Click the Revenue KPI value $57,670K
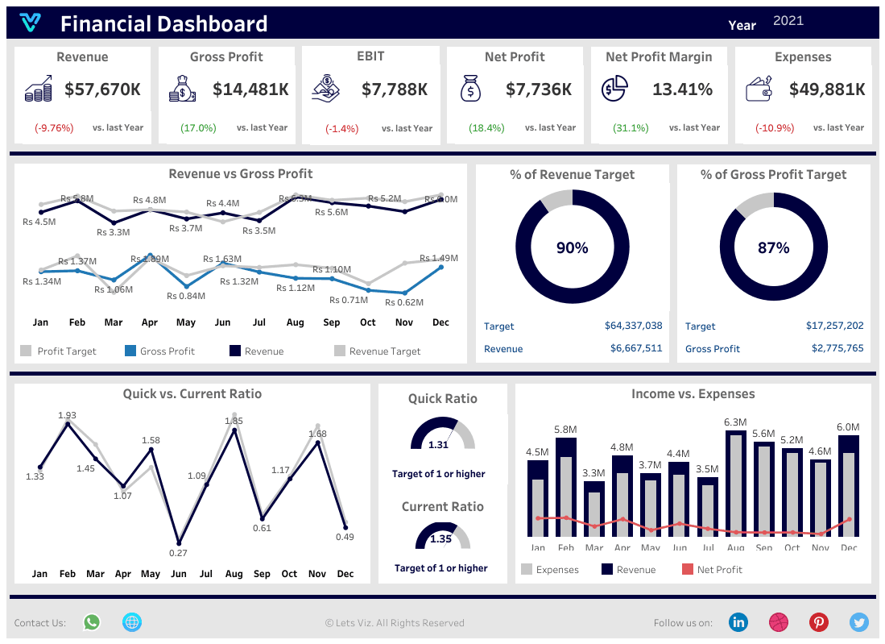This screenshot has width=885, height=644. coord(102,89)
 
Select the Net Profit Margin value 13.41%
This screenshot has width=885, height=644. coord(682,89)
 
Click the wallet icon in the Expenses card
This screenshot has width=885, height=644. coord(759,89)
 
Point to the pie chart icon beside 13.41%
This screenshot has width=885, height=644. coord(614,88)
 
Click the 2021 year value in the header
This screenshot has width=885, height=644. coord(788,21)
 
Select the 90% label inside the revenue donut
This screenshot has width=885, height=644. coord(572,248)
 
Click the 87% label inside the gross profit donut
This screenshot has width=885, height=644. coord(773,248)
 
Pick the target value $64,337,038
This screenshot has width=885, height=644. coord(633,326)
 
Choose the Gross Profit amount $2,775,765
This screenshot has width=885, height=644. coord(837,349)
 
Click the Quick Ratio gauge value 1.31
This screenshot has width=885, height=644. coord(438,445)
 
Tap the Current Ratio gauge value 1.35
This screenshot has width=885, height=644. coord(441,539)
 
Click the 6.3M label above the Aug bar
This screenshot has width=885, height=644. coord(735,422)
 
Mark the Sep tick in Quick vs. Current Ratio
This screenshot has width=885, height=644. coord(262,575)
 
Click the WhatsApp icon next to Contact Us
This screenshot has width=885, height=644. coord(92,622)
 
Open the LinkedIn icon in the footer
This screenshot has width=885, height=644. coord(738,622)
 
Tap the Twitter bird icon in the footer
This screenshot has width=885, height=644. coord(859,622)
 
